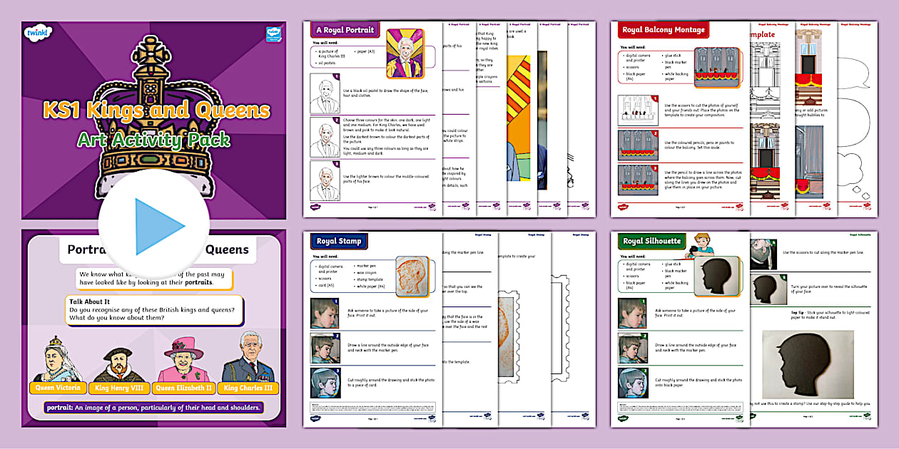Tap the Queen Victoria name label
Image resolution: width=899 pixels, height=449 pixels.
pyautogui.click(x=59, y=388)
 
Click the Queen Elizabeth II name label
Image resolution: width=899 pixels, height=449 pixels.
pyautogui.click(x=184, y=388)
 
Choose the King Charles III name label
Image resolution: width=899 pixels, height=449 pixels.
pyautogui.click(x=248, y=388)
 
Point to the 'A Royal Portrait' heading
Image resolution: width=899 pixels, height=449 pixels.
pyautogui.click(x=345, y=30)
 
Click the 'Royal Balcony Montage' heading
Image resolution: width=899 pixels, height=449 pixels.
pyautogui.click(x=663, y=30)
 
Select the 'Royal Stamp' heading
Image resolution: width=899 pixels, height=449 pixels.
pyautogui.click(x=339, y=241)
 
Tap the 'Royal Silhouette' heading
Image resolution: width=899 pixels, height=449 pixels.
pyautogui.click(x=651, y=241)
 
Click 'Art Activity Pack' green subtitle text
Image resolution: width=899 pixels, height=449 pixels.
pyautogui.click(x=154, y=138)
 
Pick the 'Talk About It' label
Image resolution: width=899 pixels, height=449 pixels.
pyautogui.click(x=89, y=301)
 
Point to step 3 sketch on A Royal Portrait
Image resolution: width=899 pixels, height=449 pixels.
pyautogui.click(x=325, y=178)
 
